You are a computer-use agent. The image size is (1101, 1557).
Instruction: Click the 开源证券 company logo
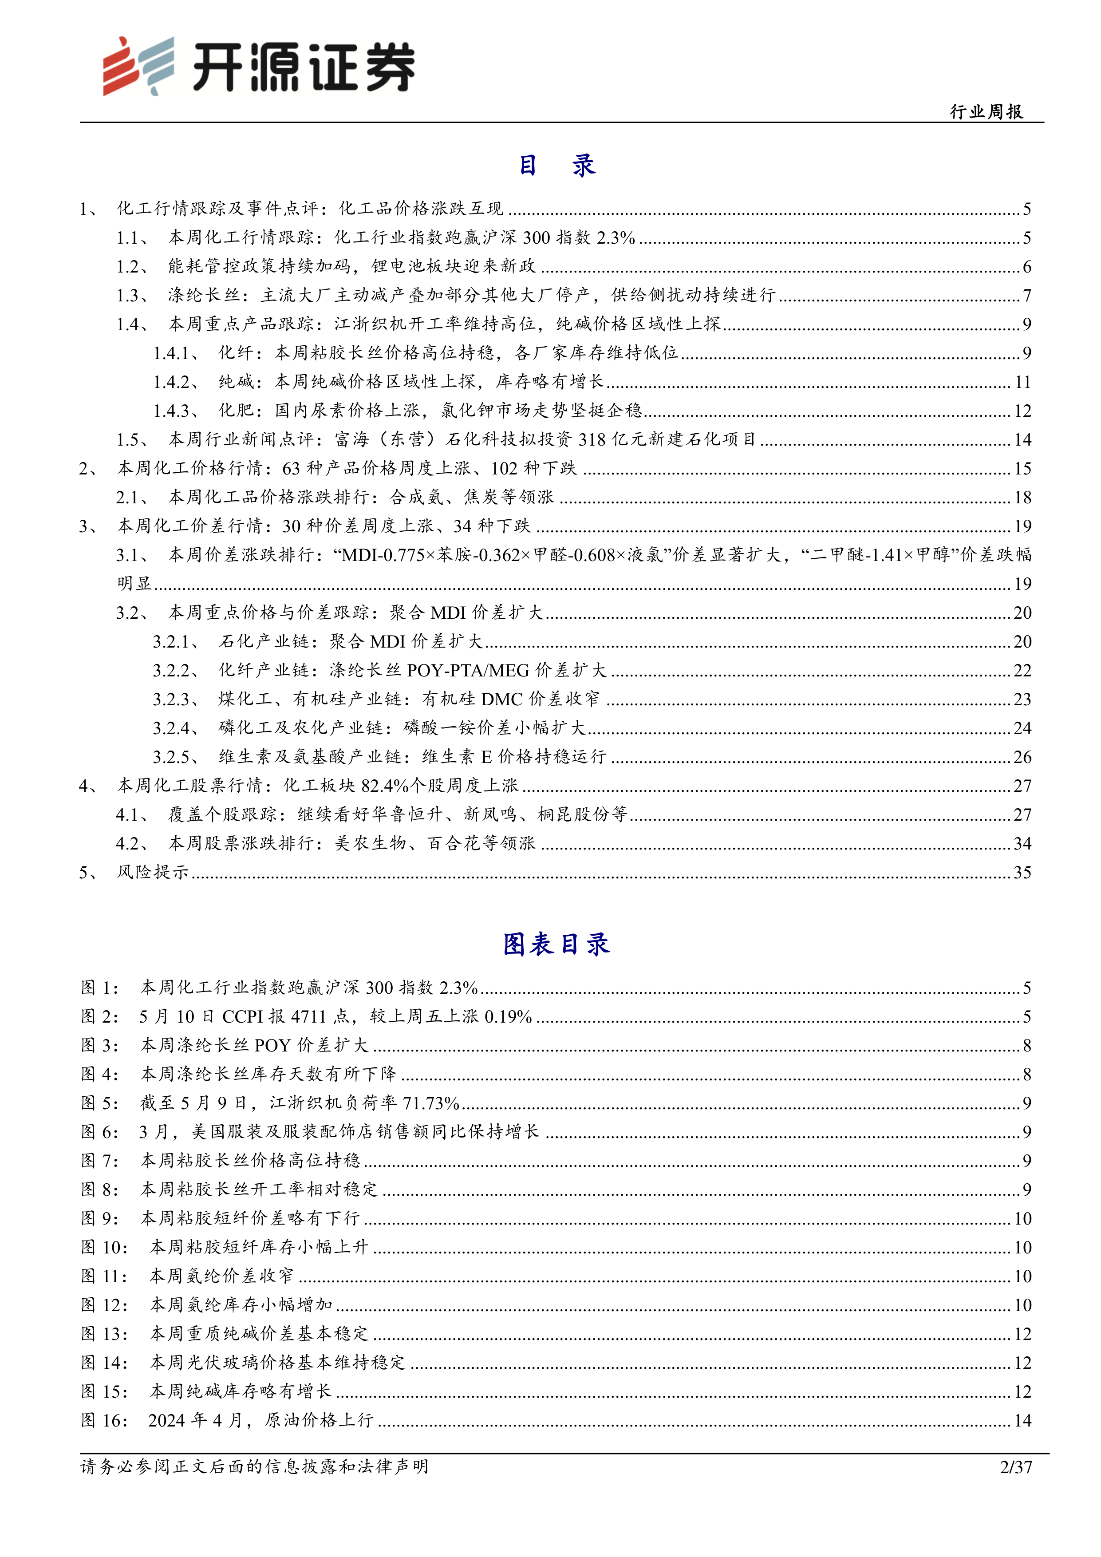coord(258,66)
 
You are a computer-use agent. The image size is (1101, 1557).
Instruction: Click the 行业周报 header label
coord(987,112)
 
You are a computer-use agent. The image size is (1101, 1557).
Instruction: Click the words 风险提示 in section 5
coord(153,873)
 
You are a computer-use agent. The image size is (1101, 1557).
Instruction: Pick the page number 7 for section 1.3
coord(1026,296)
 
